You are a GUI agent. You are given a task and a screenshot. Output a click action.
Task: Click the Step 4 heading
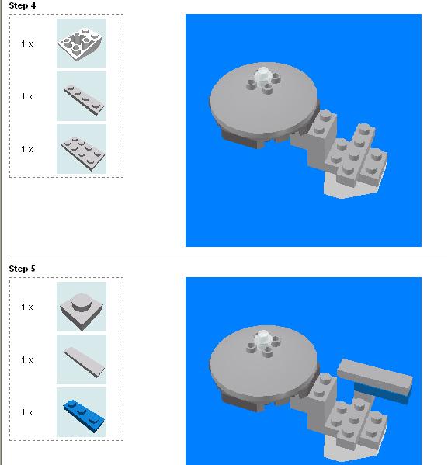click(22, 5)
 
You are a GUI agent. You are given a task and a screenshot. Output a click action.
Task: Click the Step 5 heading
click(22, 269)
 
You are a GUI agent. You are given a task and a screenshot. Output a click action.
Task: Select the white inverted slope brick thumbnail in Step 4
click(82, 43)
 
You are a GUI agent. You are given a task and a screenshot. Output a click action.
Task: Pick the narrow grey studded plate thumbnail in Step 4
click(82, 96)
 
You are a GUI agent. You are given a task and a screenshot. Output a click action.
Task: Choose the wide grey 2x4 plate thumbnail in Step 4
click(82, 149)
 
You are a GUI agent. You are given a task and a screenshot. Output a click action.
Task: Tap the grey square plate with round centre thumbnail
click(82, 307)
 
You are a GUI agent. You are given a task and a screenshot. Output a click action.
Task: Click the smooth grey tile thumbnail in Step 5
click(82, 360)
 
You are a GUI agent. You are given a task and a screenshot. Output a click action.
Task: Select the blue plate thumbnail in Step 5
click(82, 412)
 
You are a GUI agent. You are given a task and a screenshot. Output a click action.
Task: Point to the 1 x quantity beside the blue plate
click(27, 412)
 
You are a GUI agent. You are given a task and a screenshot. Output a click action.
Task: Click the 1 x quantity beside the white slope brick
click(27, 44)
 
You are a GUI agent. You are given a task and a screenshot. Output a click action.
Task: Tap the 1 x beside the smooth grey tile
click(27, 360)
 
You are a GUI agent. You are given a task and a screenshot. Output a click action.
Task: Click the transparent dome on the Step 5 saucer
click(265, 338)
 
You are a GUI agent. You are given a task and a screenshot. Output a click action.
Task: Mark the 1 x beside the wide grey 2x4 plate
click(27, 149)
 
